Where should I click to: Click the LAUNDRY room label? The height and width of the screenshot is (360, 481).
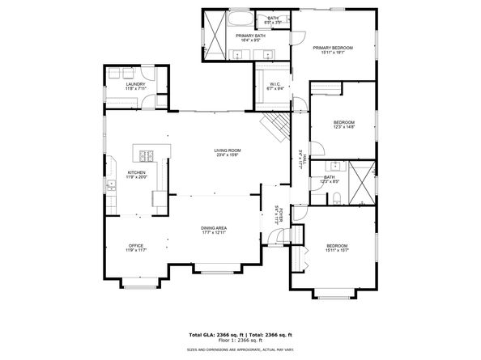[134, 84]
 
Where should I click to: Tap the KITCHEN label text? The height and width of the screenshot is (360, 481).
[136, 173]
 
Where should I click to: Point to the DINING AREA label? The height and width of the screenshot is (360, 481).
[214, 228]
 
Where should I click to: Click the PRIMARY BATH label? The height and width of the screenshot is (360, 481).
[250, 36]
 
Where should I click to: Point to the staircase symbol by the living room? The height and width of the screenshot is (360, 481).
[275, 126]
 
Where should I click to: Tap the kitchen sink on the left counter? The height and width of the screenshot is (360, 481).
[110, 185]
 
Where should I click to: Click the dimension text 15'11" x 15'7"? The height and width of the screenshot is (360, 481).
[338, 250]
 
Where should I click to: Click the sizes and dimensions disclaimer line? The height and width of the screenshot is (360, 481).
[240, 349]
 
